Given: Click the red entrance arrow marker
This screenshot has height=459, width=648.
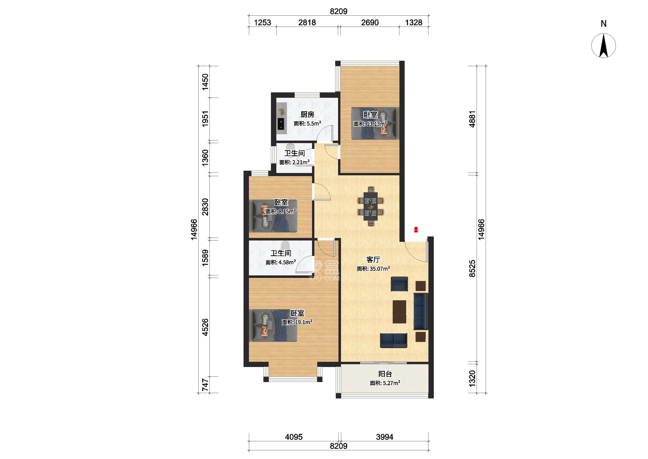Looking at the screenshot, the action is (416, 229).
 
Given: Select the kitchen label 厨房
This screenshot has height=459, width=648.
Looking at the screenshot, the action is (307, 115).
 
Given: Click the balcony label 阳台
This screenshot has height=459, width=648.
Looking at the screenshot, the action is (385, 374).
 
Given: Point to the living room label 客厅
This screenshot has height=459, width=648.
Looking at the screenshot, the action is (373, 259).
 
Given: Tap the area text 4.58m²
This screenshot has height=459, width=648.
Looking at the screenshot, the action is (287, 262).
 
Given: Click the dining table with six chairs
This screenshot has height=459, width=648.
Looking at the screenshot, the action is (370, 206).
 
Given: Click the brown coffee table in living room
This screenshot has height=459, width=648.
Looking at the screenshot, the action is (399, 311).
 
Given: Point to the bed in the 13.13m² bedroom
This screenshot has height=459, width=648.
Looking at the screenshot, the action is (375, 123).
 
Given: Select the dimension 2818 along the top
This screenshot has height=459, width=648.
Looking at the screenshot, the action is (307, 22).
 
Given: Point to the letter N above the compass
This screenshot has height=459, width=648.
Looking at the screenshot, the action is (604, 24).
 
